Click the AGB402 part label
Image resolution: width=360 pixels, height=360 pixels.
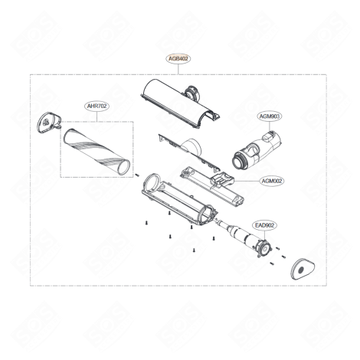pos(178,58)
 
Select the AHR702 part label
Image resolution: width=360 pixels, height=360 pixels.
pos(97,108)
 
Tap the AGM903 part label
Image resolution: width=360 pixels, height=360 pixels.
pos(270,116)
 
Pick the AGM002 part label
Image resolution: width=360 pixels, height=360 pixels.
pos(272,182)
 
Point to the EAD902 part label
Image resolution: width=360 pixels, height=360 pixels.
pos(263,224)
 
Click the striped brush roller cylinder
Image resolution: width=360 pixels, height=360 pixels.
pos(97,150)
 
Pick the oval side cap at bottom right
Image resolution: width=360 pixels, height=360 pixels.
pos(303,268)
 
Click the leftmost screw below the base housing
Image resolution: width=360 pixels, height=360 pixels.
pos(146,223)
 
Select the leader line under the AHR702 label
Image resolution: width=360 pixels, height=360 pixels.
pos(97,116)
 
